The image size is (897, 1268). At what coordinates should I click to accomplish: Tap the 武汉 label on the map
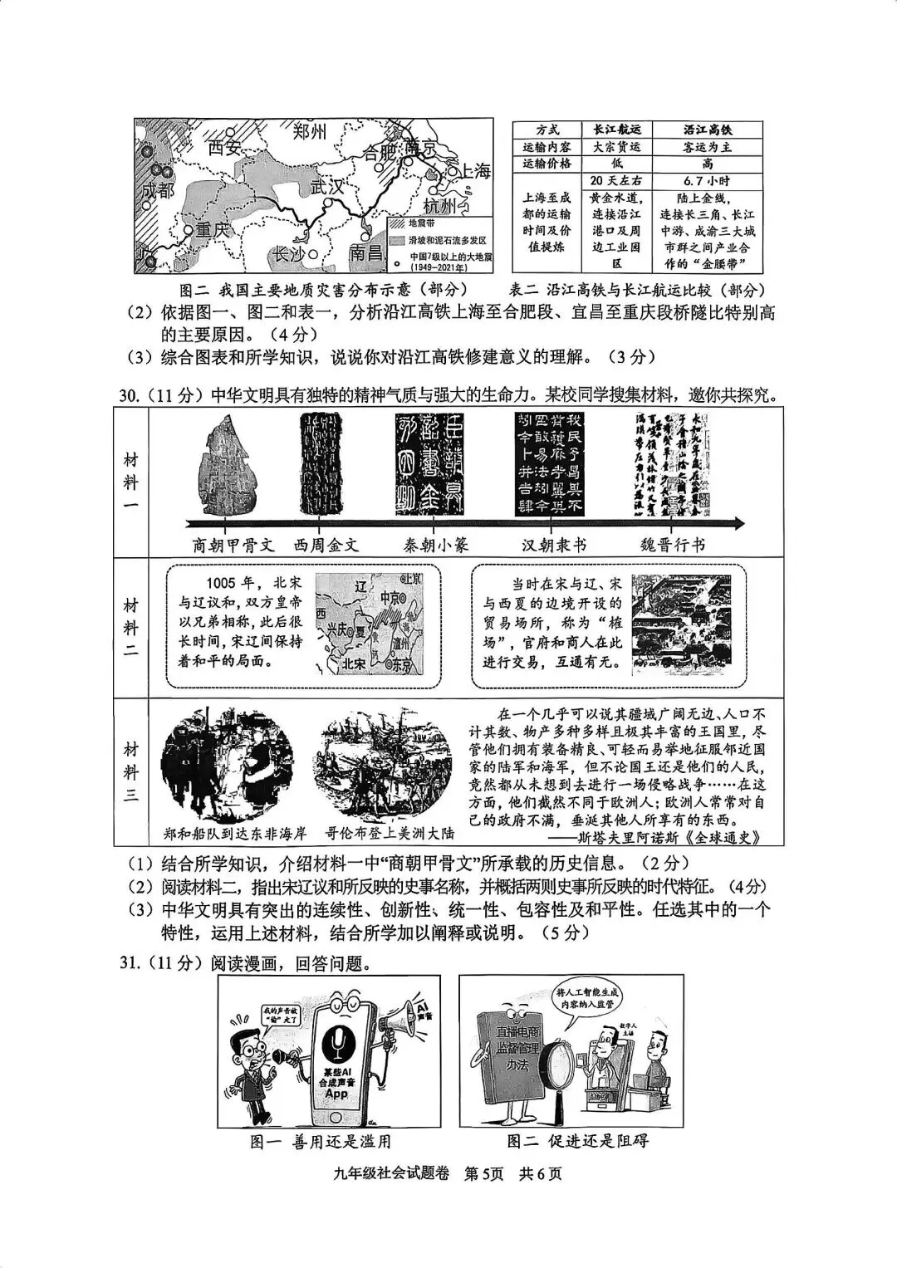click(326, 187)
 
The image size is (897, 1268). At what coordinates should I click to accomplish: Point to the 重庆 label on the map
click(210, 230)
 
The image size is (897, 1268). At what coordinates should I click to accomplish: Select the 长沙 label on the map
click(286, 254)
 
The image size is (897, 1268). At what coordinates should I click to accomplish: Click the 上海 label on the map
click(475, 172)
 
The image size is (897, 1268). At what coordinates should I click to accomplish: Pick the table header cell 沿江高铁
click(708, 130)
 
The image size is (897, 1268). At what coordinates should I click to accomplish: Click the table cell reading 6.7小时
click(708, 181)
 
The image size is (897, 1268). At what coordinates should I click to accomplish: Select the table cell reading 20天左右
click(615, 181)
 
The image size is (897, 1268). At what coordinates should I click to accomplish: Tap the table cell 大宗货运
click(615, 147)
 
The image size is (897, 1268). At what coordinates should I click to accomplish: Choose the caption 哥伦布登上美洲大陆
click(385, 833)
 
